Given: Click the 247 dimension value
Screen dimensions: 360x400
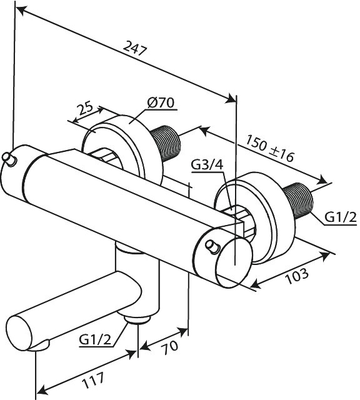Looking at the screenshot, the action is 135,48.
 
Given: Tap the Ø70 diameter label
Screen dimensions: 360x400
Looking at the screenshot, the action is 161,102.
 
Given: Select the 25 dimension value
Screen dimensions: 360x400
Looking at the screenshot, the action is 86,108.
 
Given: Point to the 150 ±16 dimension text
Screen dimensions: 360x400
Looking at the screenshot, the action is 270,149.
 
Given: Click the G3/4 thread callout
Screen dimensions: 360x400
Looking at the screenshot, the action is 207,165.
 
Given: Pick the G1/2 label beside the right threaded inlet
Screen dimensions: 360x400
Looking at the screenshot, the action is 341,217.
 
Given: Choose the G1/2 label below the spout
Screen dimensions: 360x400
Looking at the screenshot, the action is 95,339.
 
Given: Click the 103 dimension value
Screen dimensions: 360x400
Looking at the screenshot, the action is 297,275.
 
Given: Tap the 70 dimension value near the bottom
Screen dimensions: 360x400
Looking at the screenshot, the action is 170,347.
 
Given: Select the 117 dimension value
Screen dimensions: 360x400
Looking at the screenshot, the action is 93,381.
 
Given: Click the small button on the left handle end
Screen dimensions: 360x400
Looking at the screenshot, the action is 10,159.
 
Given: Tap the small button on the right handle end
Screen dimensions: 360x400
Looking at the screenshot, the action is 212,247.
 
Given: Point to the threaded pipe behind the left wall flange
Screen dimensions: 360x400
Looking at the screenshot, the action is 166,143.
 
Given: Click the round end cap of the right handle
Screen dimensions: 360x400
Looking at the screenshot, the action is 234,262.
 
